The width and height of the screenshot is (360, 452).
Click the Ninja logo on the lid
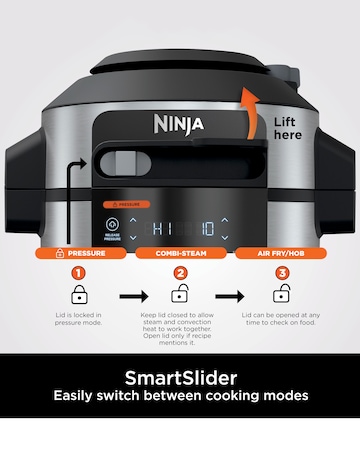click(177, 125)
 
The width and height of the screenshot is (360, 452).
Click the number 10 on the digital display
click(204, 225)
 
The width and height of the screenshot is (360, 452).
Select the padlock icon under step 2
click(180, 295)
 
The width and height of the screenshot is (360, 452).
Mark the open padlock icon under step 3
click(282, 295)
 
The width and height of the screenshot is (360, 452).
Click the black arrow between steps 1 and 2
click(130, 297)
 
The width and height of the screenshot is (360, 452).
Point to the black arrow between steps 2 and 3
click(230, 297)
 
